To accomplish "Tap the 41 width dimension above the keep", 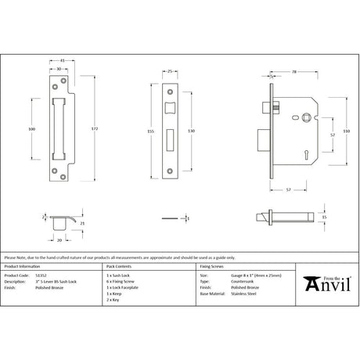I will pyautogui.click(x=62, y=59).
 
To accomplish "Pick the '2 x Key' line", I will pyautogui.click(x=113, y=299).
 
